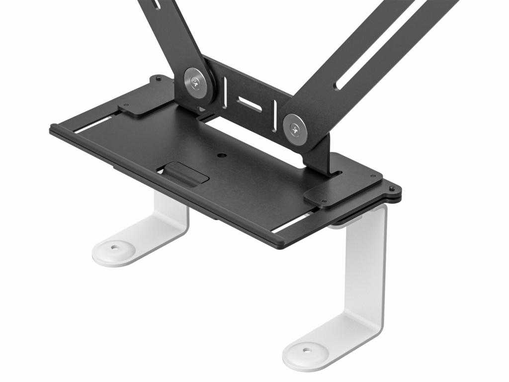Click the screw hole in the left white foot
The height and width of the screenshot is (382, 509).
[115, 246]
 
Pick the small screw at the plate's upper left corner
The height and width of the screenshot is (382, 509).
[158, 79]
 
